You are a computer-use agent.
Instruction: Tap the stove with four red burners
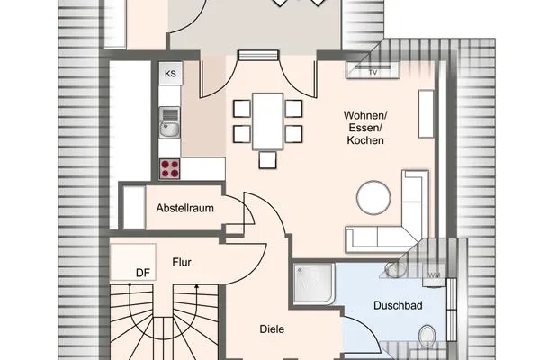click(x=168, y=167)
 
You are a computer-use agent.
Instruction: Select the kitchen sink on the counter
click(x=168, y=125)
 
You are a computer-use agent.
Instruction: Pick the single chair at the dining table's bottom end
click(x=266, y=160)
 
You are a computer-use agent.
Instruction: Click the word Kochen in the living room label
click(x=364, y=141)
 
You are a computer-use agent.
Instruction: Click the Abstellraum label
click(x=184, y=208)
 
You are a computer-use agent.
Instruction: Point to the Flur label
click(x=184, y=263)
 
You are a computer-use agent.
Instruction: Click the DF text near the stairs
click(x=142, y=273)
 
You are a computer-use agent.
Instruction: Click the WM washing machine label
click(x=434, y=274)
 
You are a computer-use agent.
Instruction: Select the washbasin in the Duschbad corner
click(x=393, y=268)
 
